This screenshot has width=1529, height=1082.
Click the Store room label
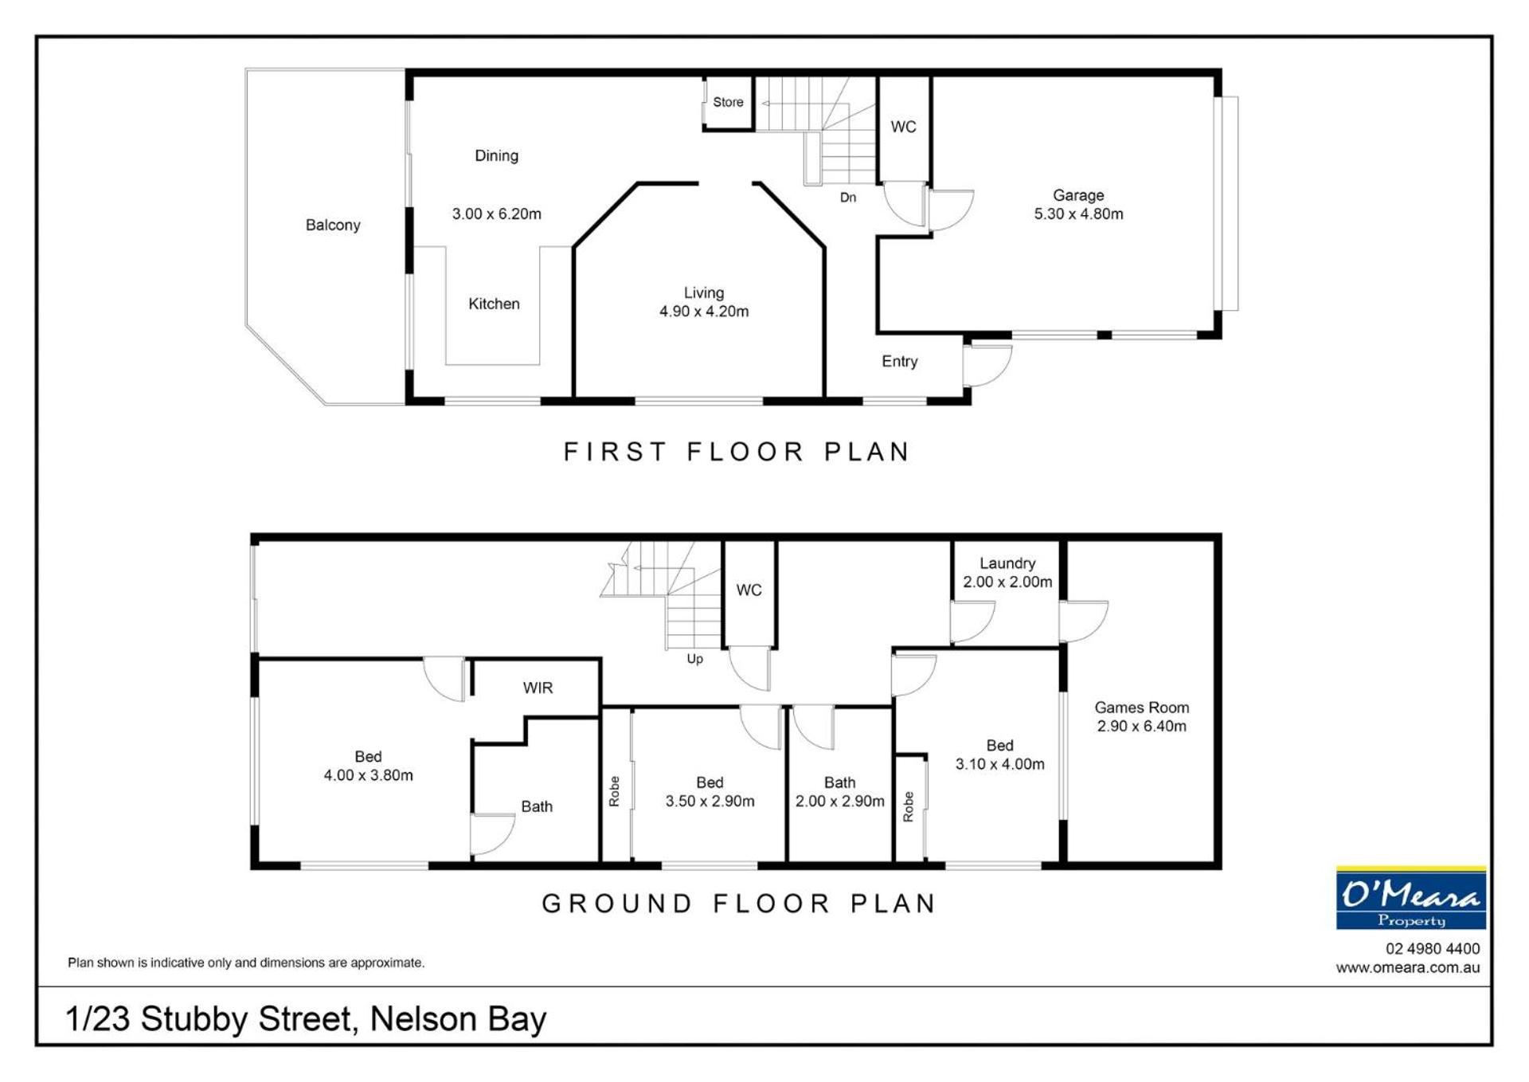728,102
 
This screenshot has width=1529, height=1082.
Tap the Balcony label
333,225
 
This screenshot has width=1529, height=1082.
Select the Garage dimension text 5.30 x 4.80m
1078,214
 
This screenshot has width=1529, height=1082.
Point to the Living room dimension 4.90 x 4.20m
704,312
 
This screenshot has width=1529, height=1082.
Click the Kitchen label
494,304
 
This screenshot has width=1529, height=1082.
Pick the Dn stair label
848,198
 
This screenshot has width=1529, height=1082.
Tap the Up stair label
695,660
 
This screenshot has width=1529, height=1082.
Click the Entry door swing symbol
987,365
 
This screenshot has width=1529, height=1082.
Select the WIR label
538,688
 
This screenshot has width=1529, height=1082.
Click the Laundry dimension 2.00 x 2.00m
1007,582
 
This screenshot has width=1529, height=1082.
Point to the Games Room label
1141,708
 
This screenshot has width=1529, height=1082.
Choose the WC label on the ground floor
749,590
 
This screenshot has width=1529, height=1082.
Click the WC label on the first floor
903,127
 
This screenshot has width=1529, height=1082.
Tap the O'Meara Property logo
1411,898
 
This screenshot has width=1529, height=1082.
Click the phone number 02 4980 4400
1433,949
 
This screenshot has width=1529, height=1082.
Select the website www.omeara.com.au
1408,968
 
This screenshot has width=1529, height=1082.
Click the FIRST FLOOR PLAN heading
737,452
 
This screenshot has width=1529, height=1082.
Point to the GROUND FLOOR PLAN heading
738,904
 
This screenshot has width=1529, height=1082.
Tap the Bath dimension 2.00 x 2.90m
839,802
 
